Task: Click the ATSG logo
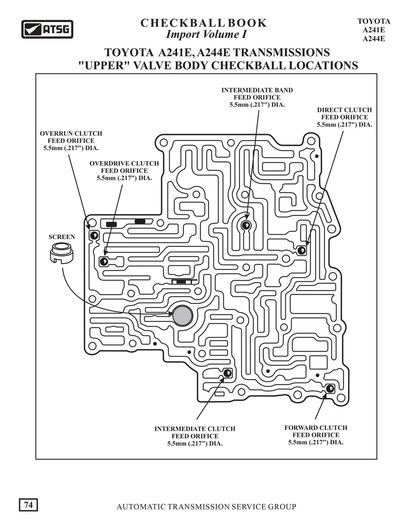[x=47, y=29]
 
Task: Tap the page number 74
[x=28, y=505]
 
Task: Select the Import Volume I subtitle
[x=206, y=35]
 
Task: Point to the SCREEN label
[x=62, y=237]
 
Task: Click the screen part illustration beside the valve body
[x=61, y=253]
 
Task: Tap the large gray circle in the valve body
[x=182, y=316]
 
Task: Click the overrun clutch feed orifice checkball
[x=94, y=235]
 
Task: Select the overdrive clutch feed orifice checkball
[x=104, y=261]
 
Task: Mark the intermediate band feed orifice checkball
[x=246, y=225]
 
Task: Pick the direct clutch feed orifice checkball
[x=301, y=250]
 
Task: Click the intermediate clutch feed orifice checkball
[x=228, y=373]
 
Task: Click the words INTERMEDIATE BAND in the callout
[x=257, y=90]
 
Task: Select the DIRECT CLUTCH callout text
[x=345, y=110]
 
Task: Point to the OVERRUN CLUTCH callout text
[x=71, y=133]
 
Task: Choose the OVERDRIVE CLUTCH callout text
[x=124, y=164]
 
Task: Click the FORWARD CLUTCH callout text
[x=316, y=428]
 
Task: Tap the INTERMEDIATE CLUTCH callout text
[x=195, y=429]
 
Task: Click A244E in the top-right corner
[x=374, y=39]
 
